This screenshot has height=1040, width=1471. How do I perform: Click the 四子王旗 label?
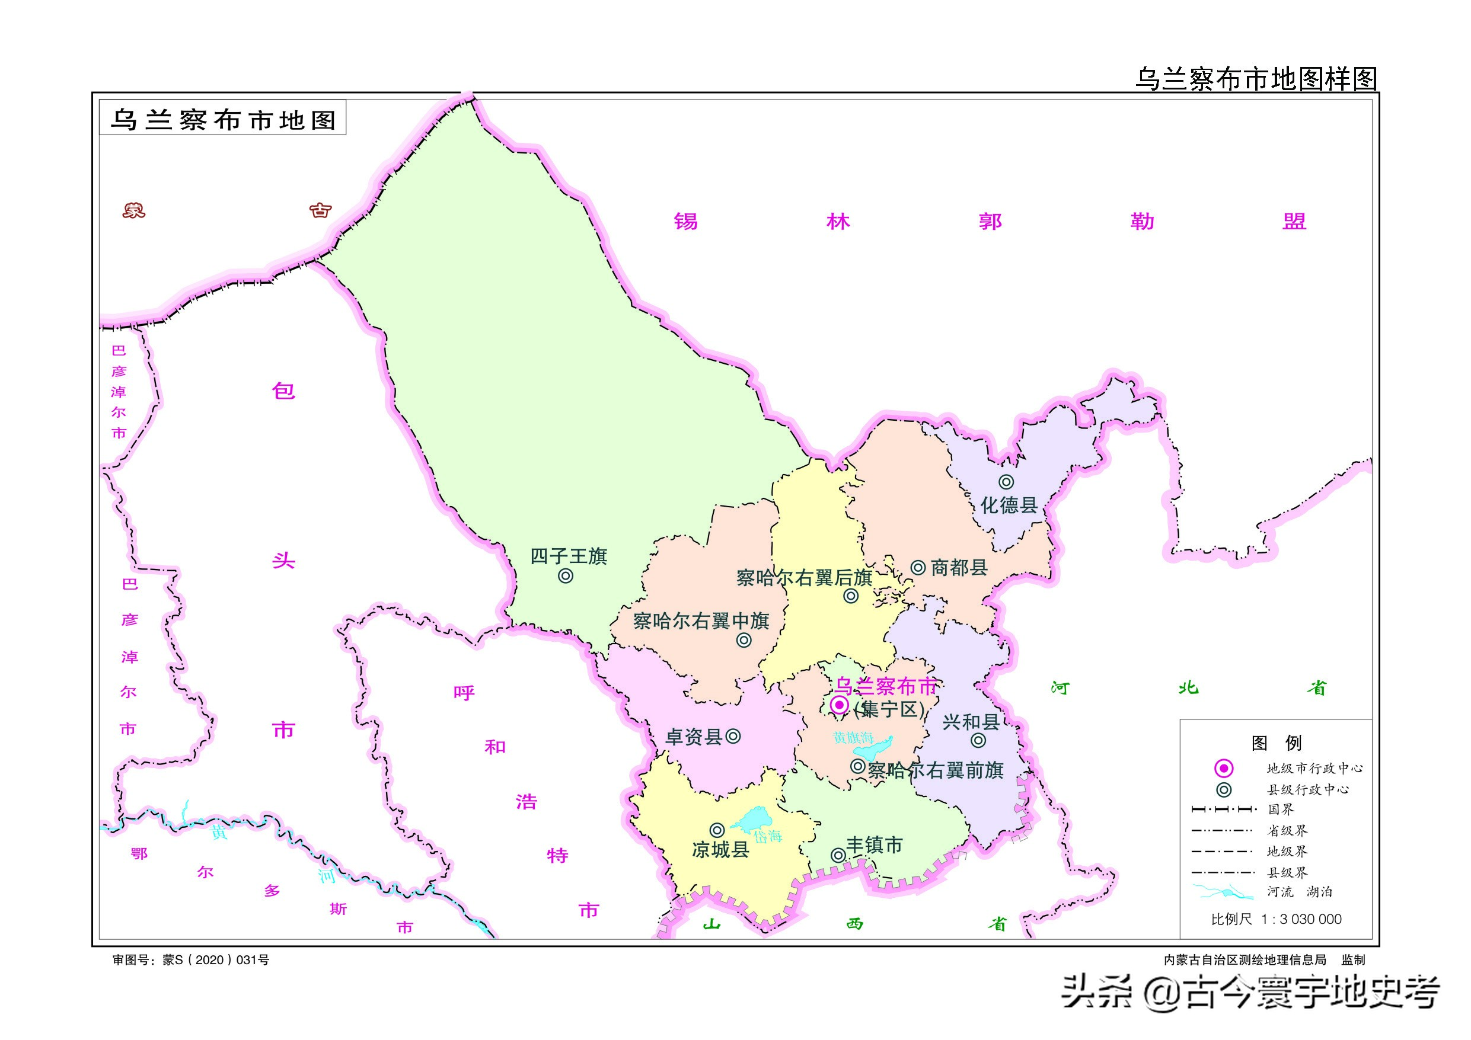pos(568,556)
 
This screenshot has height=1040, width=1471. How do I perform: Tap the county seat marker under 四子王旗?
pos(565,577)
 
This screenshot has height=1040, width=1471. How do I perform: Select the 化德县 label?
pos(1009,505)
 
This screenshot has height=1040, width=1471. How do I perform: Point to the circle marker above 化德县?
pos(1007,482)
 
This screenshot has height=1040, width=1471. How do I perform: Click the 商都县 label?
pos(959,567)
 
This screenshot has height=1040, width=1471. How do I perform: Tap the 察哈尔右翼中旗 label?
pos(701,620)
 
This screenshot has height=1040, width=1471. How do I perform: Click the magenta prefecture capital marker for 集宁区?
pos(840,706)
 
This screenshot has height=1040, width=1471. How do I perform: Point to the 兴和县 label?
pos(971,722)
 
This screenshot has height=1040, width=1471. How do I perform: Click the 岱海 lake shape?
pos(752,819)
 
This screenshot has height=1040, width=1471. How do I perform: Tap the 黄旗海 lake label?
pos(853,738)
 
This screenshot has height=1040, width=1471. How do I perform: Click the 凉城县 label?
pos(720,850)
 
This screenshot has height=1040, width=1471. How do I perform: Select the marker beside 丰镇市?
pos(837,855)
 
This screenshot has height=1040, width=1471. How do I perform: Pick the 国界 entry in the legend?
pos(1281,809)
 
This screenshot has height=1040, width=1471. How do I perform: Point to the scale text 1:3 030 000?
pos(1301,919)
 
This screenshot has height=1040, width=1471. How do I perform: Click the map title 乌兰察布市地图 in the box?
pos(223,120)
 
